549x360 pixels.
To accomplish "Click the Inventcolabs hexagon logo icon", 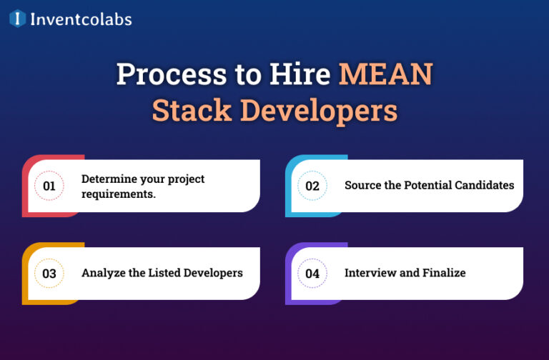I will coord(17,19).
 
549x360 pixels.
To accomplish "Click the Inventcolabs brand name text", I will coord(80,19).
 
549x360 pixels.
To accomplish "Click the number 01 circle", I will coord(49,186).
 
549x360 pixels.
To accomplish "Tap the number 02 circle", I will coord(312,186).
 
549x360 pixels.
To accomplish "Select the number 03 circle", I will coord(49,273).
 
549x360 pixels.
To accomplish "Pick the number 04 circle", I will coord(312,273).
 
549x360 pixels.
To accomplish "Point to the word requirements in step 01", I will coord(118,193).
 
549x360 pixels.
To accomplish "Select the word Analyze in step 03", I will coord(102,273).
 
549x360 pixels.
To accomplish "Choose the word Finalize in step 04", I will coord(443,273).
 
